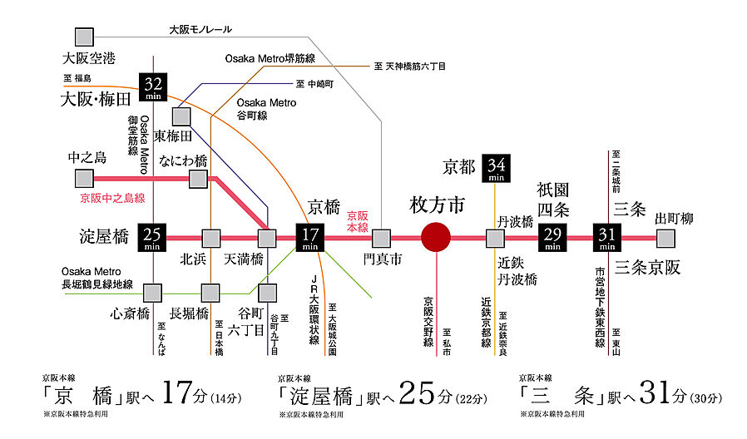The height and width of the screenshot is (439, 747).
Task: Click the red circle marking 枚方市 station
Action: (x=437, y=239)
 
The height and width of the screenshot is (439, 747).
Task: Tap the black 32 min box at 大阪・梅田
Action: (x=153, y=87)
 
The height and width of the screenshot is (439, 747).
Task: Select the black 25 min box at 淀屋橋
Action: (x=153, y=239)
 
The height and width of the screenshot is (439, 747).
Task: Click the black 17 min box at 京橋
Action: (x=310, y=239)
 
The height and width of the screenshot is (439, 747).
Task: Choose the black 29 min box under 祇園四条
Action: (x=552, y=239)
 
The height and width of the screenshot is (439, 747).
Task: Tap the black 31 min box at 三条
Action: (x=607, y=239)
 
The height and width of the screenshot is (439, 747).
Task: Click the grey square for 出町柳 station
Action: (x=665, y=239)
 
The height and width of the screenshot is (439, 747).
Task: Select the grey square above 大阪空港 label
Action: (x=84, y=37)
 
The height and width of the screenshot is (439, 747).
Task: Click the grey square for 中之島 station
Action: (x=84, y=178)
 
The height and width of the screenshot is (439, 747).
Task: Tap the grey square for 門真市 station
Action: (x=381, y=239)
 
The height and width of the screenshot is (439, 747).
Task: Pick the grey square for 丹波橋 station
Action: (x=496, y=239)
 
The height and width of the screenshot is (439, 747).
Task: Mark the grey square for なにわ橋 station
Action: (x=198, y=178)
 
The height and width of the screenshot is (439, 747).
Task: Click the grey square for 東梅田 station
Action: (x=181, y=116)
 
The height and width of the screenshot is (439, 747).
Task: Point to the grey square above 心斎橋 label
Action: (x=153, y=292)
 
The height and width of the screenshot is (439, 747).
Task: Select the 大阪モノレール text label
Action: (x=200, y=29)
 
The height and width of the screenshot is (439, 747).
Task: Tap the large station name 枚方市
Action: (x=437, y=204)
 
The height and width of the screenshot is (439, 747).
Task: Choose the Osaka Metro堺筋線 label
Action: (x=270, y=58)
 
